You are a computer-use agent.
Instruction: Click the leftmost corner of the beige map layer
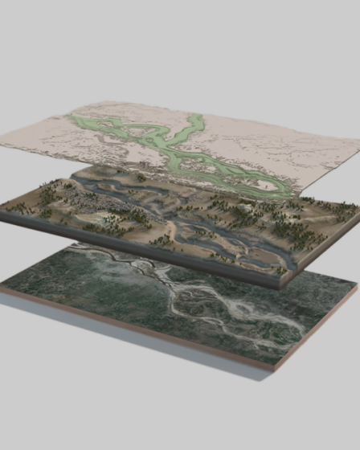(2, 144)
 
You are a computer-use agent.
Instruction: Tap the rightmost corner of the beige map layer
(358, 145)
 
